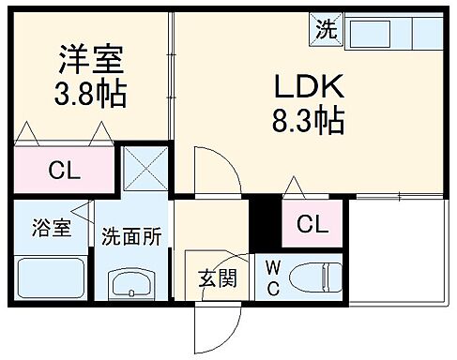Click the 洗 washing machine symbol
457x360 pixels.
tap(325, 29)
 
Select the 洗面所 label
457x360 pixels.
tap(132, 236)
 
